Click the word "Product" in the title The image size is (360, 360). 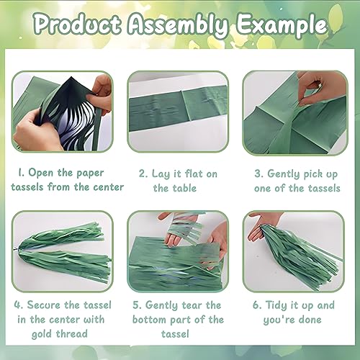coord(78,24)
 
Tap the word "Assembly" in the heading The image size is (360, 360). coord(178,26)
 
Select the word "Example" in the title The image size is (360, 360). coord(282,26)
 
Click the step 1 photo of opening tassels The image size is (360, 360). coord(63,112)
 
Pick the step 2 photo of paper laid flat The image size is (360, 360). coord(178,112)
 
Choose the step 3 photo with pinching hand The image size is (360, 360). coord(295,113)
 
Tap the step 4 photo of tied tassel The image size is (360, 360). coord(63,251)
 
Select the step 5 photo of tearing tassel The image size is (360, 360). coord(178,251)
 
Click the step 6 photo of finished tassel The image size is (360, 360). coord(294,251)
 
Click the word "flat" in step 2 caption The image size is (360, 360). coord(192,174)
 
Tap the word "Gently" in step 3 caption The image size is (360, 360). coord(284,174)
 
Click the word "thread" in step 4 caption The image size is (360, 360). coord(72,333)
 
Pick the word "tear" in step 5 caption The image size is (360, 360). coord(192,305)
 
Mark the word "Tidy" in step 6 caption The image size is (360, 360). coord(276,305)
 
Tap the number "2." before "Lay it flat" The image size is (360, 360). coord(143,174)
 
